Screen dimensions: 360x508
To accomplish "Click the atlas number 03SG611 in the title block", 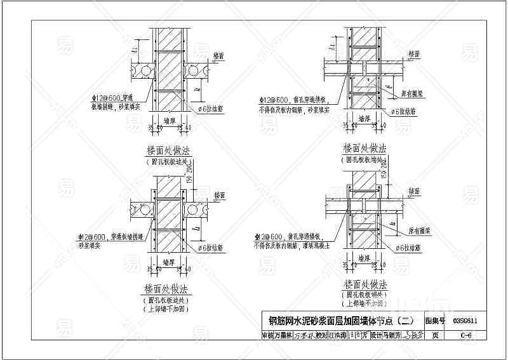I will click(x=465, y=321).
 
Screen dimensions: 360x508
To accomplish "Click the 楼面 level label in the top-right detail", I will click(x=415, y=55).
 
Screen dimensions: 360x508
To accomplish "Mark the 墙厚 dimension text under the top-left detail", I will click(x=169, y=119).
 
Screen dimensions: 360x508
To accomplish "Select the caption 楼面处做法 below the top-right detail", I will click(x=364, y=148).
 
